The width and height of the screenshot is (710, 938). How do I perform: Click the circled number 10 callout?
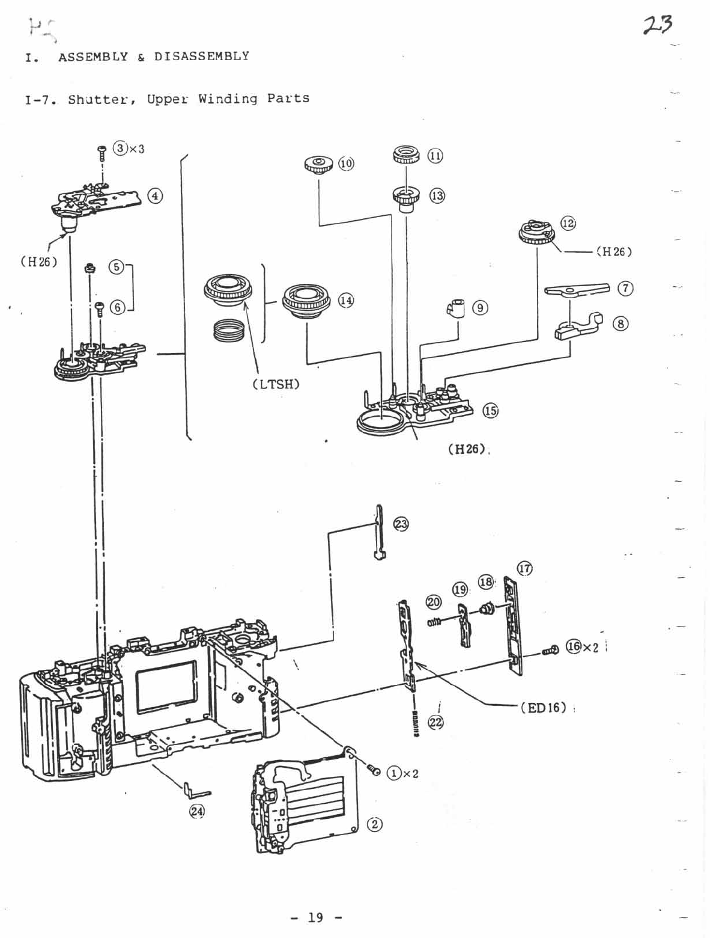pos(347,164)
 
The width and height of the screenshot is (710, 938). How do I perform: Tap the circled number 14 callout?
pos(346,301)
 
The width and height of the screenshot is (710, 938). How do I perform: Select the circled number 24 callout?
pos(196,811)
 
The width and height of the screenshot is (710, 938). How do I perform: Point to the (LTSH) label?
pos(276,384)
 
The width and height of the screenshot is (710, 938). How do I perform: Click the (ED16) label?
pos(543,707)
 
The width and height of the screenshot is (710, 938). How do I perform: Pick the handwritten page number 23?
pos(657,25)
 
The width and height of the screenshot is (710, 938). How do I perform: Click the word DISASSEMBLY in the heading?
pos(201,57)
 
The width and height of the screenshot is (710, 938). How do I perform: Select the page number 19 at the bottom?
pos(315,917)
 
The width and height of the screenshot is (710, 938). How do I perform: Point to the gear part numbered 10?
pos(319,164)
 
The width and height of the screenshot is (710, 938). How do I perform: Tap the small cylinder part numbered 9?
pos(457,308)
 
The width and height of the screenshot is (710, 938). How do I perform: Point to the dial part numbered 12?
pos(536,233)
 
